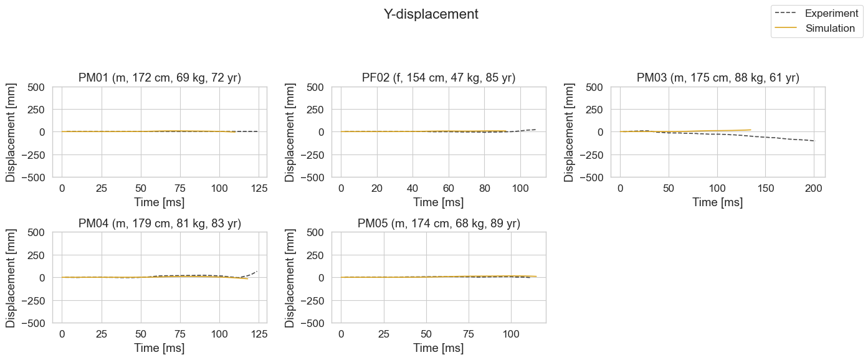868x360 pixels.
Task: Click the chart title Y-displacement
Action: click(431, 14)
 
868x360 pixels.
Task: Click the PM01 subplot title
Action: click(160, 78)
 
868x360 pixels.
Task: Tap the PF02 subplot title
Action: click(439, 78)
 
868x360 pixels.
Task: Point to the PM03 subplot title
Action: click(718, 78)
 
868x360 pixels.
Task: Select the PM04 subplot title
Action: click(160, 224)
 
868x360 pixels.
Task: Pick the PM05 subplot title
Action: click(439, 224)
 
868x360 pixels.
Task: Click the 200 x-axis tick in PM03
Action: click(813, 189)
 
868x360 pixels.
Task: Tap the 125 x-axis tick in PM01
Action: click(259, 189)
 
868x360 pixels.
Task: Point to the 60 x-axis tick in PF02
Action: click(449, 189)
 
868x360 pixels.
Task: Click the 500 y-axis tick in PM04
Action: click(36, 232)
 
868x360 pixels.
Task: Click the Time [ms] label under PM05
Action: click(438, 348)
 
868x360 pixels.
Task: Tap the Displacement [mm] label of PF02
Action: click(290, 133)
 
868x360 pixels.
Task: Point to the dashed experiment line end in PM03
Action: click(814, 141)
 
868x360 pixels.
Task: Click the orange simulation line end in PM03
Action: click(751, 130)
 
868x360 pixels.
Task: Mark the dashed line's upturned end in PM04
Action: click(257, 272)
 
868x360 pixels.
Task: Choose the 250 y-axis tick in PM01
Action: click(36, 110)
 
